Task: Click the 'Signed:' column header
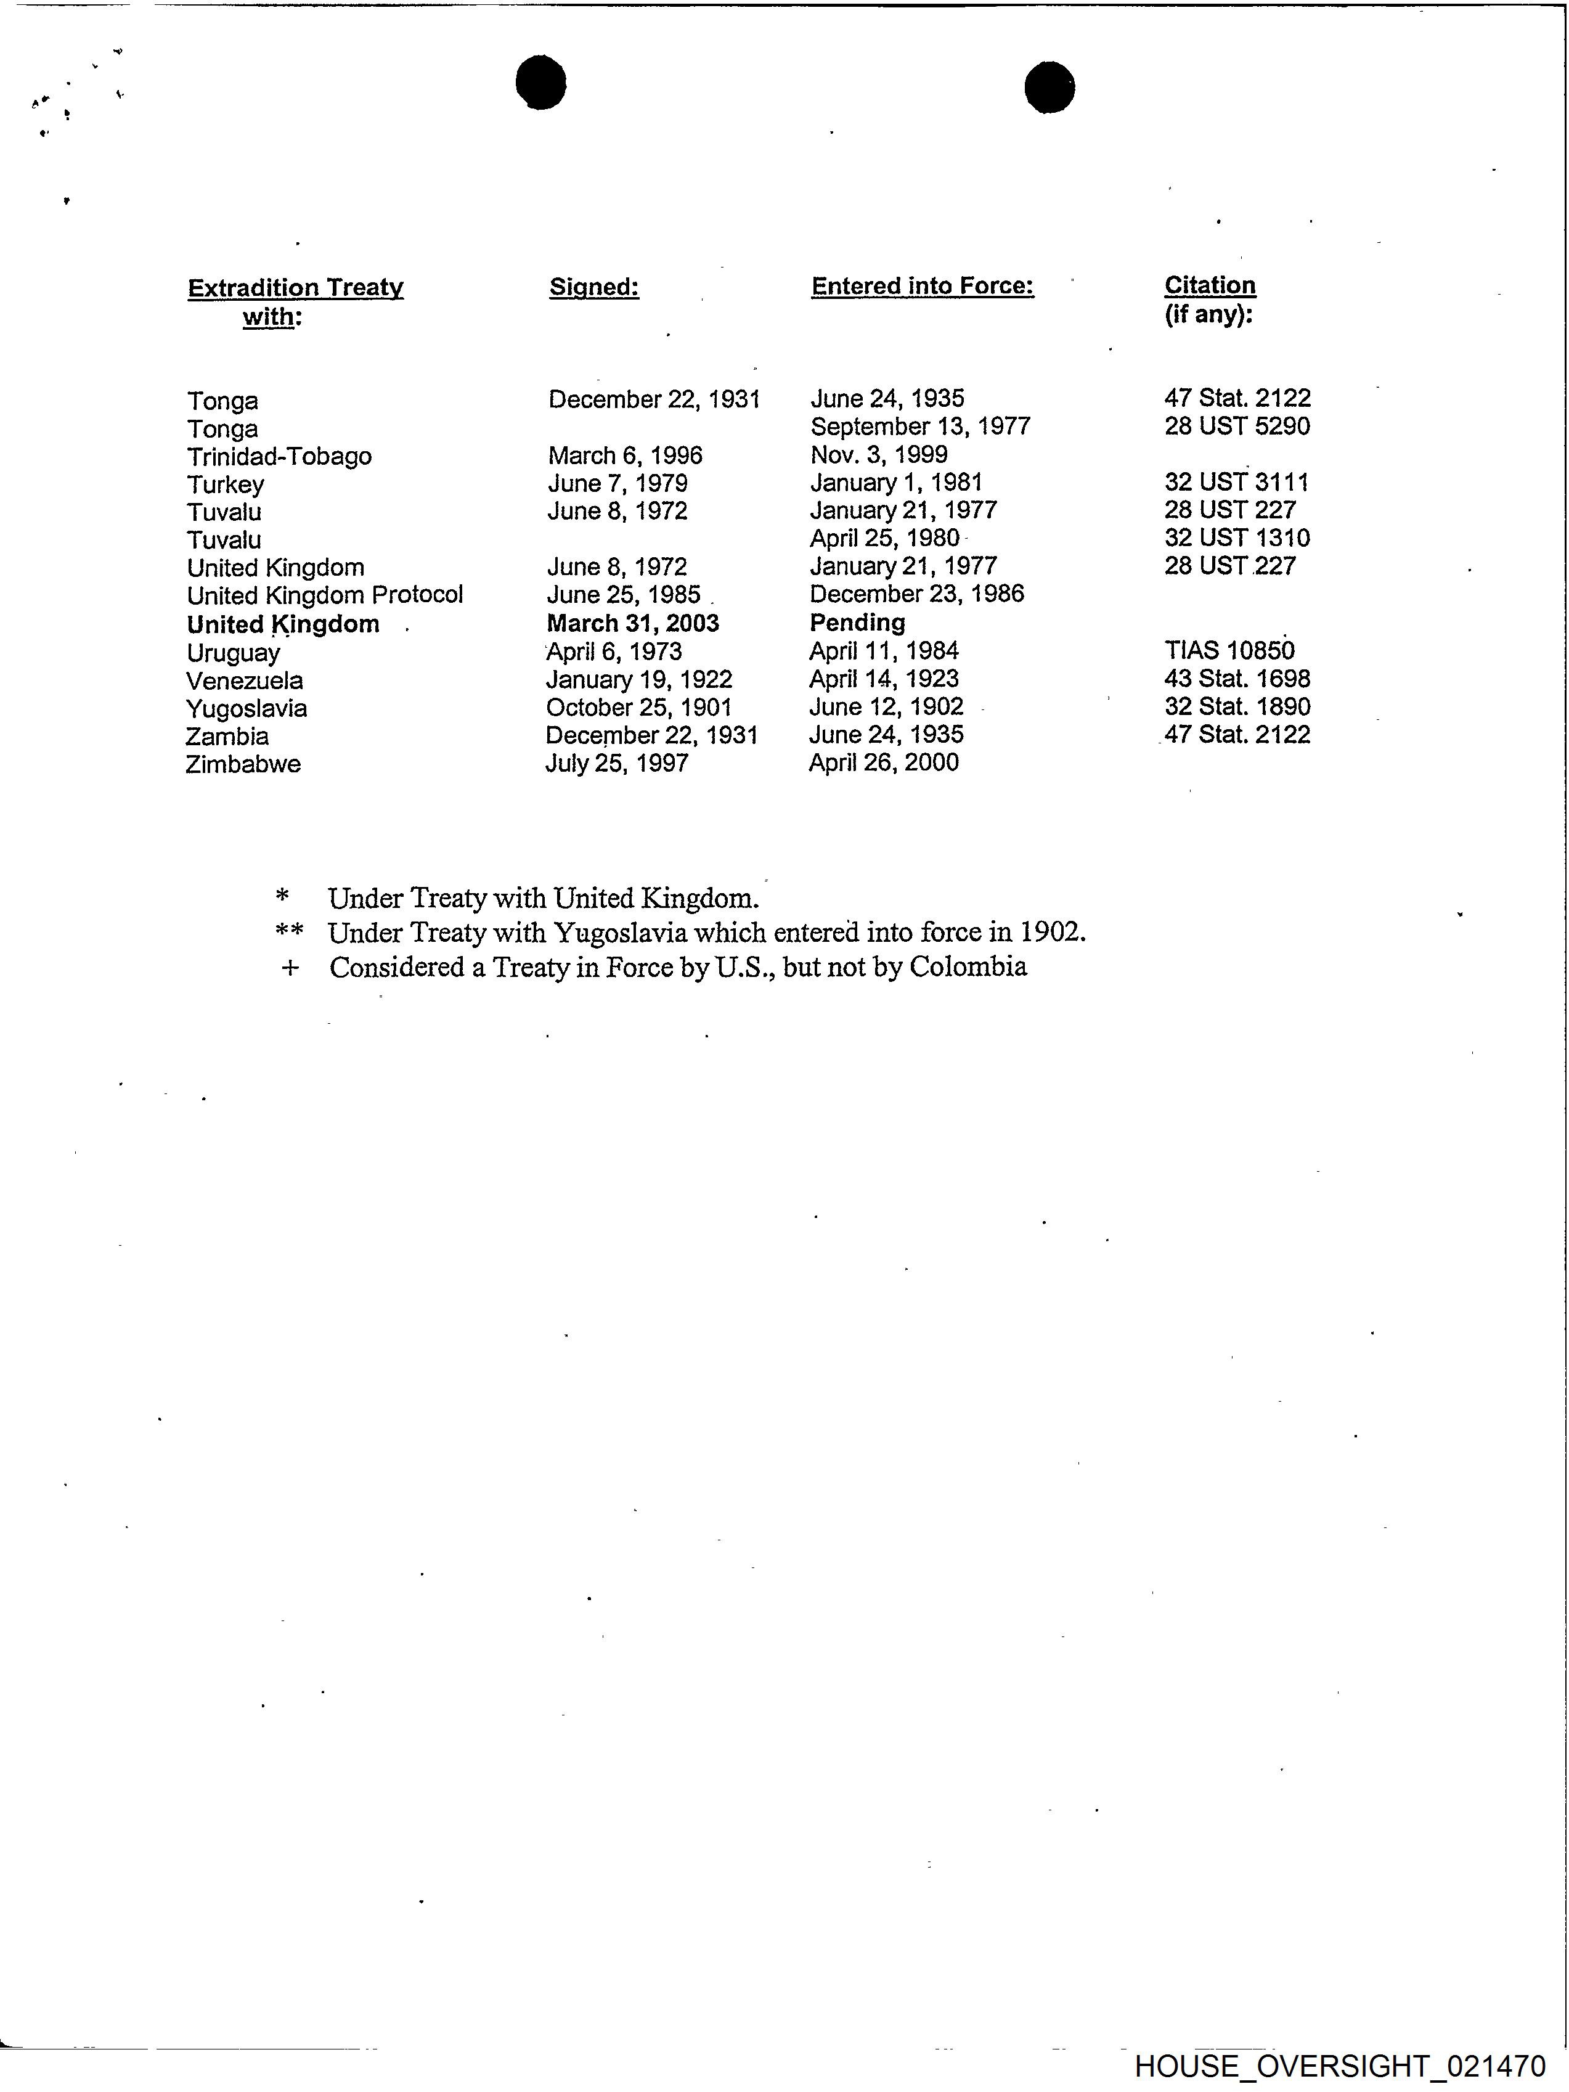click(594, 287)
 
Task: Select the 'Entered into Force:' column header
click(922, 287)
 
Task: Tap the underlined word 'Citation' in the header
click(1210, 285)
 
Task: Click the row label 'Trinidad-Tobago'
click(279, 457)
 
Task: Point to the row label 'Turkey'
click(225, 485)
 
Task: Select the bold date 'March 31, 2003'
click(633, 623)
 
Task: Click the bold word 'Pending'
click(857, 623)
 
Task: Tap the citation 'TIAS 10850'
click(1229, 651)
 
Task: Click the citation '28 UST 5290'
click(1237, 427)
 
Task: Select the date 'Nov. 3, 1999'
click(879, 455)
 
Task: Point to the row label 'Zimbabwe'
click(243, 764)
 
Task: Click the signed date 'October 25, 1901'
click(638, 708)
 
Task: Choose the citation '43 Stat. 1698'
click(1237, 679)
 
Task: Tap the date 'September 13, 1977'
click(919, 427)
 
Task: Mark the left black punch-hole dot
click(541, 82)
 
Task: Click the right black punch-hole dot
click(1049, 88)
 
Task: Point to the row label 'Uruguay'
click(233, 653)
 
